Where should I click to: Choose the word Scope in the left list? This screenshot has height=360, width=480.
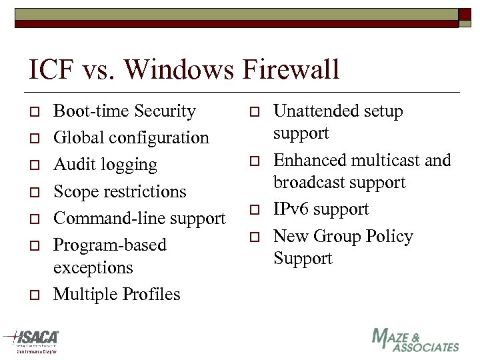pyautogui.click(x=75, y=192)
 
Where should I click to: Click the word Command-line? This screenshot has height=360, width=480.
pyautogui.click(x=107, y=219)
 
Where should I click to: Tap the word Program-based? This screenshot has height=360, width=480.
pyautogui.click(x=110, y=245)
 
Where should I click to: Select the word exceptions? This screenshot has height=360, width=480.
pyautogui.click(x=93, y=268)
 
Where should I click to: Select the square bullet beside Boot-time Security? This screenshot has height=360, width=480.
pyautogui.click(x=33, y=112)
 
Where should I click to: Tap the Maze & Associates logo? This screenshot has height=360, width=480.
pyautogui.click(x=415, y=340)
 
